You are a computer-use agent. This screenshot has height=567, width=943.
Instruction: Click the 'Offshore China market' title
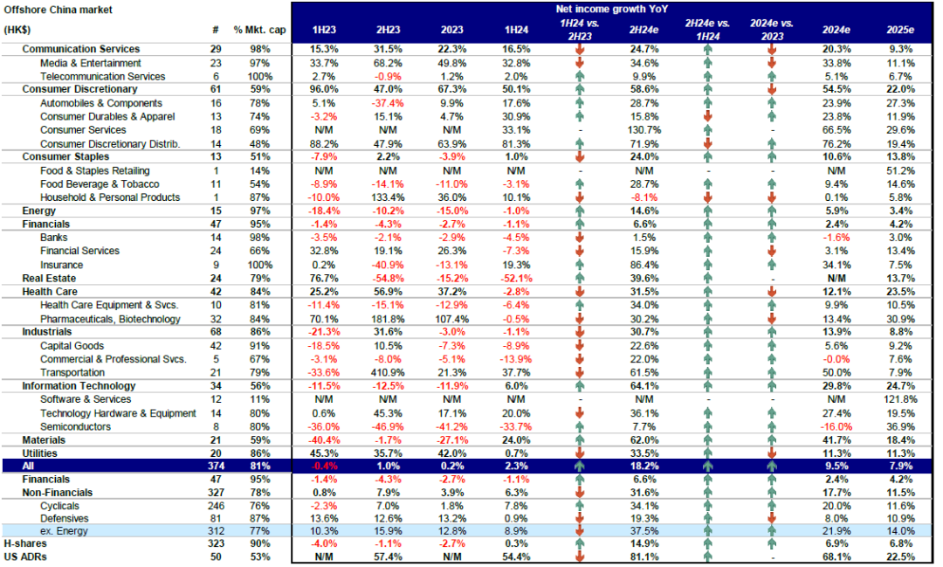coord(58,9)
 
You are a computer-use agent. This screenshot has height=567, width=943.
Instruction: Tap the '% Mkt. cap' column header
coord(259,30)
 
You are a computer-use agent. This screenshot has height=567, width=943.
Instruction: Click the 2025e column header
coord(903,30)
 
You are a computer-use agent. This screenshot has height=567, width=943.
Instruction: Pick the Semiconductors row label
coord(75,426)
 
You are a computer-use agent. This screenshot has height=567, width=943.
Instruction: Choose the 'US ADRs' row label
coord(25,557)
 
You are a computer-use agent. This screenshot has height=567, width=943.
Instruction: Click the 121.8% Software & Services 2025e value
coord(903,399)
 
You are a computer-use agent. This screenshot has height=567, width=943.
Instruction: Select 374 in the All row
coord(215,467)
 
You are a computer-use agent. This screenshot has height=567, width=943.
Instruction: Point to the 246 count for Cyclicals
coord(215,505)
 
